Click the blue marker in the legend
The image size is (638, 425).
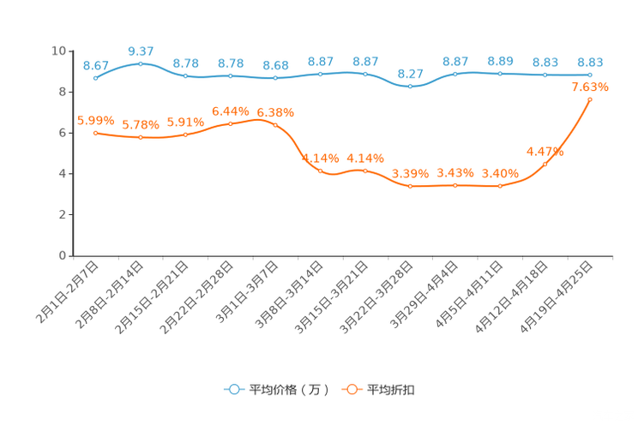(x=232, y=389)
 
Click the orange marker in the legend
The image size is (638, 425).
(x=352, y=389)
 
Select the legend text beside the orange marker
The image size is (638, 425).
(x=392, y=390)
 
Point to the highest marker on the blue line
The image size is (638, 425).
(x=141, y=63)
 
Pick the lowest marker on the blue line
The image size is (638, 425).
(x=411, y=87)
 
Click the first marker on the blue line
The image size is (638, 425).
(x=95, y=78)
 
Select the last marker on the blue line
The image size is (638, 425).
(x=590, y=75)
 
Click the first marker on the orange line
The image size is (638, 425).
(x=95, y=133)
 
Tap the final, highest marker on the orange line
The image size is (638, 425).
(x=590, y=99)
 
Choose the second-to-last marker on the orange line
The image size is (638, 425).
(x=545, y=164)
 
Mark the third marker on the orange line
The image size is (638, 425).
(x=185, y=135)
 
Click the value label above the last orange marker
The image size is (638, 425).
(x=590, y=87)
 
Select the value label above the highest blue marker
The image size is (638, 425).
(x=141, y=51)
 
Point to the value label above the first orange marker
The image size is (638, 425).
(x=95, y=120)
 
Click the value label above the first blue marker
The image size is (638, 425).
(x=95, y=65)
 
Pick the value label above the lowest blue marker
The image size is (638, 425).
(x=411, y=74)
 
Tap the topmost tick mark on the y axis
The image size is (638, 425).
(x=71, y=51)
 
